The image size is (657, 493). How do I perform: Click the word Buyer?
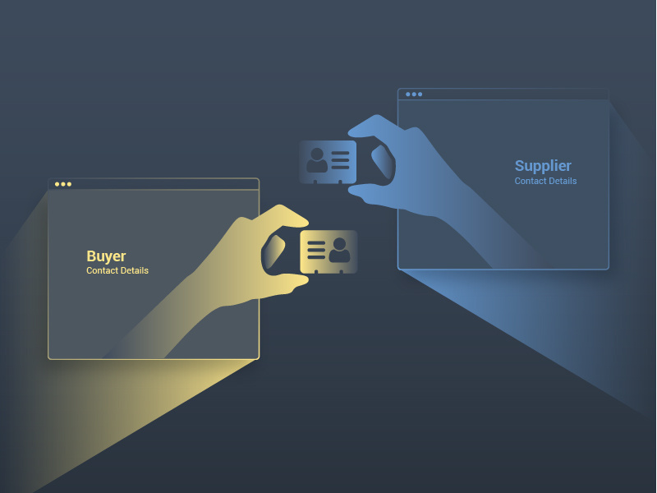[x=106, y=256]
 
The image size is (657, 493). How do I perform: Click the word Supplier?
[x=543, y=166]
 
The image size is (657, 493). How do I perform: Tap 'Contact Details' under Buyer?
[x=117, y=271]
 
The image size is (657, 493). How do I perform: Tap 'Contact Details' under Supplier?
[x=545, y=181]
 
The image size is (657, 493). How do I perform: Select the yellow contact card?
[x=328, y=251]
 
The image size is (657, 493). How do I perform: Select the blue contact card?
[x=328, y=162]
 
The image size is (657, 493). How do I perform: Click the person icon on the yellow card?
[x=339, y=251]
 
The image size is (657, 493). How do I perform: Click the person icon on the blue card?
[x=317, y=160]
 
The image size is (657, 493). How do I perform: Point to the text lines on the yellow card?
[x=316, y=251]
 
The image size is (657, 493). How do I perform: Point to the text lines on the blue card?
[x=340, y=160]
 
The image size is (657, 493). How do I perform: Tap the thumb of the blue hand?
[x=369, y=195]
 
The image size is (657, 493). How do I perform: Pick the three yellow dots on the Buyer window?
[x=63, y=184]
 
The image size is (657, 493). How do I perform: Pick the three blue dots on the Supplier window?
[x=414, y=94]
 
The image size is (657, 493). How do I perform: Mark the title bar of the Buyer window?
[x=154, y=184]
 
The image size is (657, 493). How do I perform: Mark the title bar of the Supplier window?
[x=503, y=94]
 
